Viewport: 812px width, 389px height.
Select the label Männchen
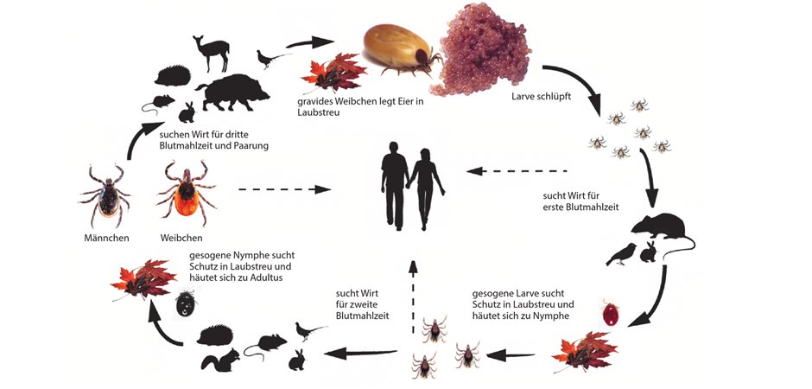click(106, 239)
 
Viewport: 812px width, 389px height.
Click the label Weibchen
click(181, 239)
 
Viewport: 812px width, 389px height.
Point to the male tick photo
click(105, 194)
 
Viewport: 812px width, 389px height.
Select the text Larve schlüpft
click(541, 96)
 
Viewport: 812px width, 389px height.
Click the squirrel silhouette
click(219, 359)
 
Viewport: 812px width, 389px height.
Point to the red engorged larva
click(611, 314)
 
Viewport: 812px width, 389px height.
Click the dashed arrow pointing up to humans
click(412, 297)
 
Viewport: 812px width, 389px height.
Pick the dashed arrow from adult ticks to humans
click(285, 189)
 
